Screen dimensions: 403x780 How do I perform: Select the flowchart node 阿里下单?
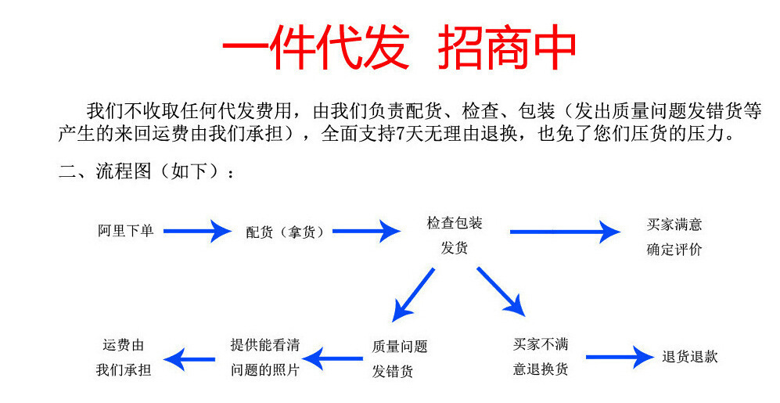(x=125, y=231)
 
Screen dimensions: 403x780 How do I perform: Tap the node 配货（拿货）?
(x=285, y=232)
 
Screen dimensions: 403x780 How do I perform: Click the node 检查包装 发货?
(x=455, y=236)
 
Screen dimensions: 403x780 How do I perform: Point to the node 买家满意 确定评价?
(x=674, y=237)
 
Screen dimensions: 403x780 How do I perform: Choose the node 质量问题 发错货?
(x=400, y=358)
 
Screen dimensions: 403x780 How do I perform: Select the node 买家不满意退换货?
(x=541, y=356)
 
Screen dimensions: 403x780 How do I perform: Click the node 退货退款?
(x=690, y=357)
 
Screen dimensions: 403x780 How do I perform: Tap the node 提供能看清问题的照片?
(x=265, y=357)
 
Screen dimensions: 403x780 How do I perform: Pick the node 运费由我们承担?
(x=124, y=357)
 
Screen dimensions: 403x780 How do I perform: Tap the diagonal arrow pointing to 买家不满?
(x=501, y=291)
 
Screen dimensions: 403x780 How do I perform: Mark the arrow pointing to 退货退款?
(x=619, y=358)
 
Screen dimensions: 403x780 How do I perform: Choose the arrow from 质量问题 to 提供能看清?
(x=334, y=359)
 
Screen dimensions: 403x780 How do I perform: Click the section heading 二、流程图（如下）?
(x=146, y=172)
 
